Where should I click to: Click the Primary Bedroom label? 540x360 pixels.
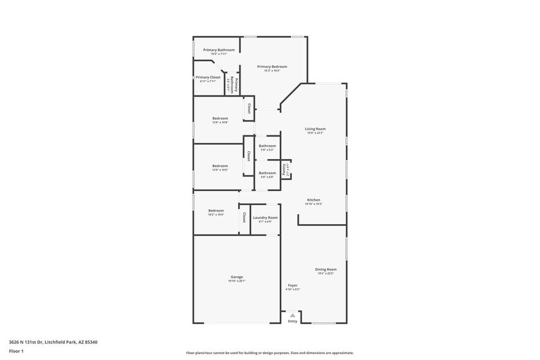pyautogui.click(x=272, y=66)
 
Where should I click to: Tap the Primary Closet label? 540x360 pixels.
pyautogui.click(x=208, y=77)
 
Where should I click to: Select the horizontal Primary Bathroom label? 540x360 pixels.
pyautogui.click(x=219, y=50)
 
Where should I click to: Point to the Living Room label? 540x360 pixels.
pyautogui.click(x=315, y=129)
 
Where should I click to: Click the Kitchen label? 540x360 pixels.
pyautogui.click(x=313, y=200)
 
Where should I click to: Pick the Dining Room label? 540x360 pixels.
pyautogui.click(x=326, y=269)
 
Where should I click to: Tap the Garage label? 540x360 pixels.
pyautogui.click(x=237, y=277)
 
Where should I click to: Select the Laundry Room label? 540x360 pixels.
pyautogui.click(x=265, y=217)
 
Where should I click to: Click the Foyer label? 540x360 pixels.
pyautogui.click(x=293, y=285)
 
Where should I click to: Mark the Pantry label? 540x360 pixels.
pyautogui.click(x=284, y=169)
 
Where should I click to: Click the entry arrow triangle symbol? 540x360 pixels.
pyautogui.click(x=293, y=315)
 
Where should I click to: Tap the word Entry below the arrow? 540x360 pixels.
pyautogui.click(x=293, y=321)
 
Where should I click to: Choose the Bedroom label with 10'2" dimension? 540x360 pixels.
pyautogui.click(x=216, y=210)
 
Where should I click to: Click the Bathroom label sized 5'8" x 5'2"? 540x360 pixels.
pyautogui.click(x=268, y=146)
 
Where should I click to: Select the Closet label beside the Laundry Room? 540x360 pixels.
pyautogui.click(x=244, y=217)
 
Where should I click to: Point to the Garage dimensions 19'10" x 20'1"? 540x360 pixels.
pyautogui.click(x=237, y=281)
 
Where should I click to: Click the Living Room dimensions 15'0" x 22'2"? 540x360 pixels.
pyautogui.click(x=315, y=133)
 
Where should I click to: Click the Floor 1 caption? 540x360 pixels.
pyautogui.click(x=17, y=352)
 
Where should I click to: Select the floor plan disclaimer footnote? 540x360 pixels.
pyautogui.click(x=269, y=353)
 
